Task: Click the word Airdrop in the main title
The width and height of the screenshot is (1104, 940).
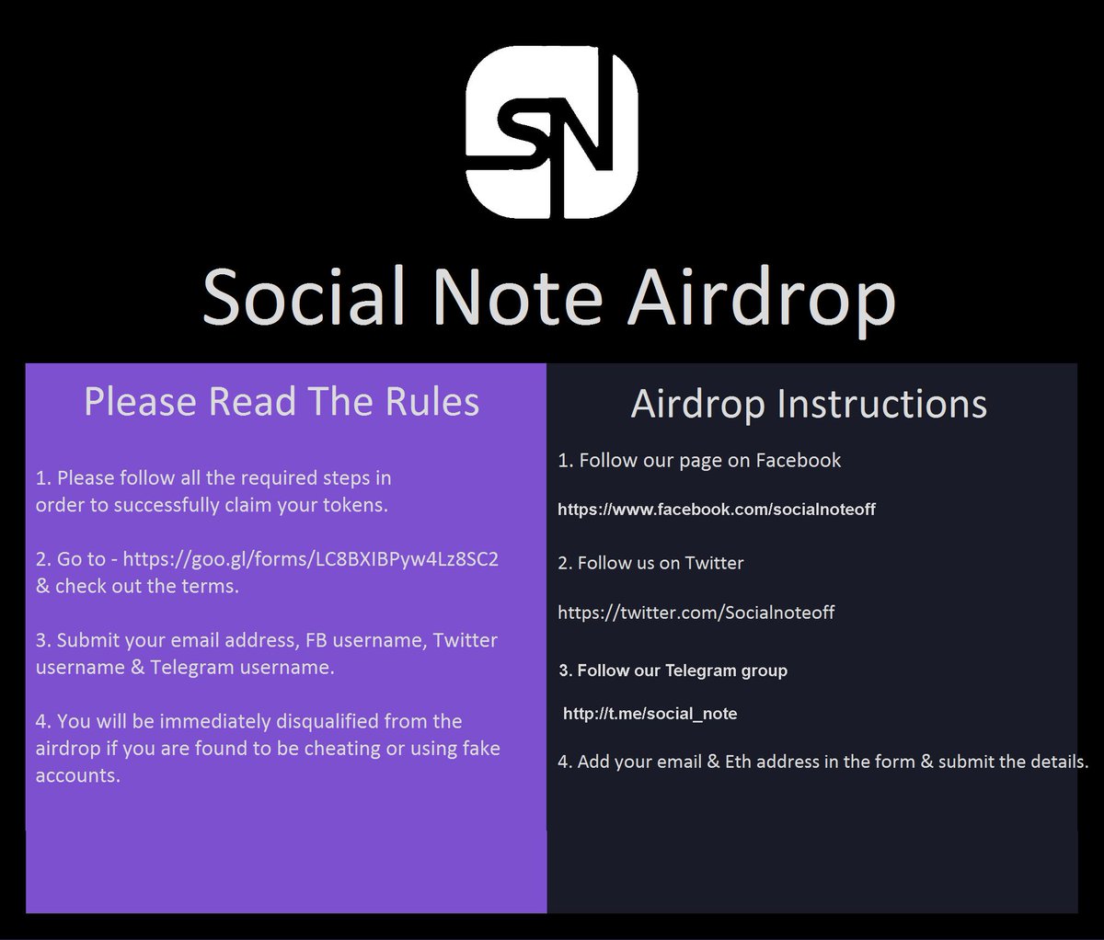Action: (x=761, y=297)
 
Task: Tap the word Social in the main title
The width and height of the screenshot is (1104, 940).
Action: (x=303, y=297)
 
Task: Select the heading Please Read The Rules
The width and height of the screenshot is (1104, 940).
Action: (x=282, y=402)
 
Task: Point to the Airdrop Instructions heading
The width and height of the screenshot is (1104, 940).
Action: (x=809, y=404)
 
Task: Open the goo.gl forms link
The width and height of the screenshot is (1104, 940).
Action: (x=310, y=558)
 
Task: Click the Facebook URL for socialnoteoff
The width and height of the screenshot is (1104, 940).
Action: (x=717, y=509)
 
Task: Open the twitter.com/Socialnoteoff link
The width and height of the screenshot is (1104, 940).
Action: (x=696, y=612)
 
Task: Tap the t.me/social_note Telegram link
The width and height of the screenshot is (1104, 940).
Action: (x=650, y=713)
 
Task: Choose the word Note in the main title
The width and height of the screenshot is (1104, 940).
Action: (x=517, y=297)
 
